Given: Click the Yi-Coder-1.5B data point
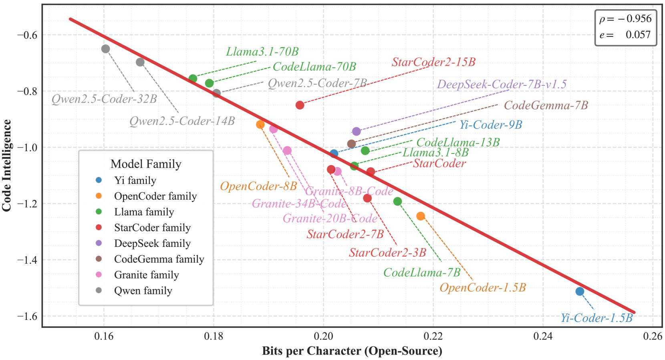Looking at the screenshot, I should pos(580,291).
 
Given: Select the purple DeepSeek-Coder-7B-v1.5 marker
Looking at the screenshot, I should pos(357,131).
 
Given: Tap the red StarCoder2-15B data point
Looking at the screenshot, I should pos(300,105).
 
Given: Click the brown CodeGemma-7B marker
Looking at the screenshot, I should pos(351,144).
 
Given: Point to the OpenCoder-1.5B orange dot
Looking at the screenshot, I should pos(421,216).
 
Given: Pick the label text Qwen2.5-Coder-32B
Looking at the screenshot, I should pos(104,99).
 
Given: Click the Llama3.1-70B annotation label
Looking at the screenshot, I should pos(262,52).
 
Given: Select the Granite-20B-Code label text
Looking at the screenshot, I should pos(330,218).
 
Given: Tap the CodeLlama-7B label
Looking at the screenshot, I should pos(422,273).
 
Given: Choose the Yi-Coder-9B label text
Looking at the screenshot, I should pos(491,125).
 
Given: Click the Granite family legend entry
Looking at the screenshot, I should pos(146,275).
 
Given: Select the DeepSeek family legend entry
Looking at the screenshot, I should pos(152,243).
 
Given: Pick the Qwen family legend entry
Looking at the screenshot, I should pos(143,291).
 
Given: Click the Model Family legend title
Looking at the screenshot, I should pos(146,164).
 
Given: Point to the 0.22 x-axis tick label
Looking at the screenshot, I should pos(433,336).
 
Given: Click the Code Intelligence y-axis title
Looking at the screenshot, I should pos(7,166).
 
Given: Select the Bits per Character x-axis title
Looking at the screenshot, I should pos(352,351).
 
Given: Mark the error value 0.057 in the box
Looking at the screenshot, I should pos(638,35).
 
